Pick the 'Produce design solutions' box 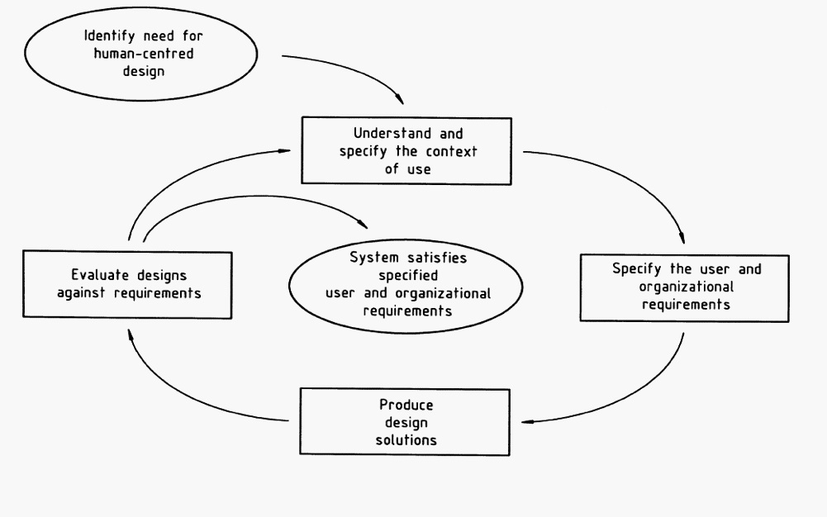pyautogui.click(x=406, y=423)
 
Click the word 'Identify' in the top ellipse pyautogui.click(x=104, y=37)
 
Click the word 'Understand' pyautogui.click(x=382, y=133)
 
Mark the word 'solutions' pyautogui.click(x=406, y=439)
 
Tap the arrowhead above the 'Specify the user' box pyautogui.click(x=682, y=239)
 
